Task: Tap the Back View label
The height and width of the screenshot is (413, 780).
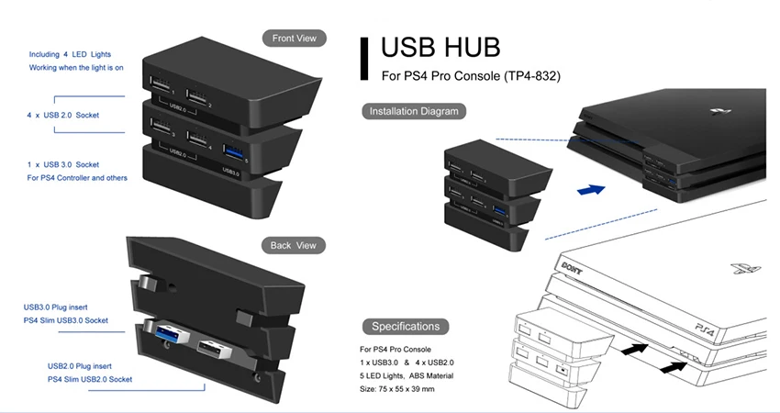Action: pos(294,245)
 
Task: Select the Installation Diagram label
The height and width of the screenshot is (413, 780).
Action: pos(413,111)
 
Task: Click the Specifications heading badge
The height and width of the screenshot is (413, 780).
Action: pos(406,326)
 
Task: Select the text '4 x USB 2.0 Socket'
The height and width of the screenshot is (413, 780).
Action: pos(63,115)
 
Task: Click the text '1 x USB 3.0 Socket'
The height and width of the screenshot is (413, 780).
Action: pos(63,164)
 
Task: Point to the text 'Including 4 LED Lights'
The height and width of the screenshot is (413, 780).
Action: pos(70,55)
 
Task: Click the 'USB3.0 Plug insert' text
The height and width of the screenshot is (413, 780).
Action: pos(67,307)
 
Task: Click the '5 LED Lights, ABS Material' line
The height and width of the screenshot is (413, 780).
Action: pos(407,376)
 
